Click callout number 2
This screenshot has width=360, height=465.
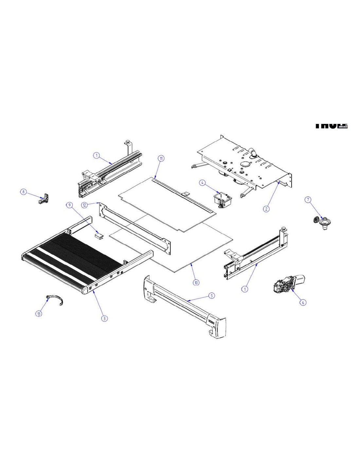click(x=266, y=209)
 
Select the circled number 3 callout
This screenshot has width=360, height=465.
click(x=104, y=318)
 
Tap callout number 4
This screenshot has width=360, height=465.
click(x=203, y=182)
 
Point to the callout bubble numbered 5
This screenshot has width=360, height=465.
click(x=212, y=296)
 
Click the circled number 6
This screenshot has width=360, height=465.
click(x=303, y=302)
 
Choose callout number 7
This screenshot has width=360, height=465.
click(x=308, y=199)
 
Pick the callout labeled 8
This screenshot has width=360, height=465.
click(x=24, y=192)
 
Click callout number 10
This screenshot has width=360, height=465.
click(x=196, y=283)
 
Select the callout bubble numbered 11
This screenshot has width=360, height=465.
click(x=161, y=158)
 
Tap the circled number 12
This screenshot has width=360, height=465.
click(x=85, y=205)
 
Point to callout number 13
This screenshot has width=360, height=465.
click(x=39, y=314)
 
